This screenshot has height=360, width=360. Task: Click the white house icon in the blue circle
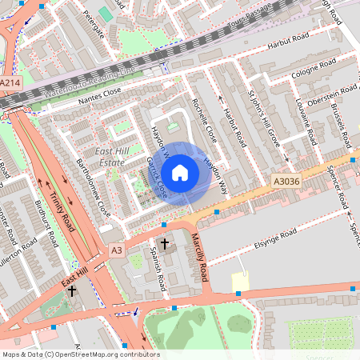click(x=180, y=172)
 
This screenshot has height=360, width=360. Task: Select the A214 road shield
click(x=10, y=82)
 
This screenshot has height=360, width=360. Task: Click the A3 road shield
click(x=117, y=250)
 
